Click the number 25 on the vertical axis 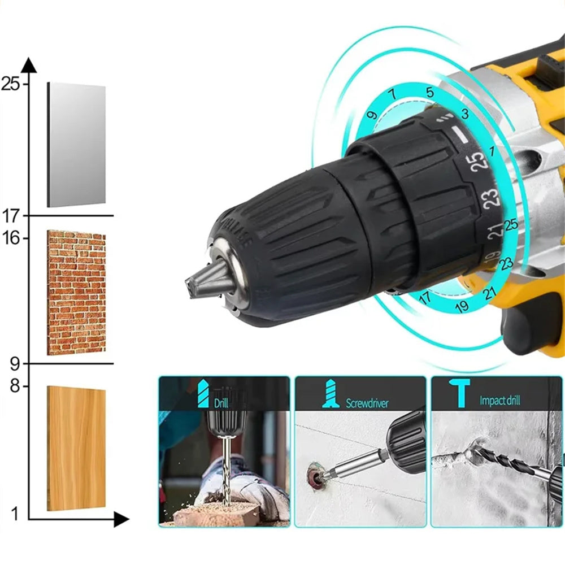[x=10, y=85]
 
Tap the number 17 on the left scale [x=10, y=215]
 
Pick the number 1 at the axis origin [x=15, y=514]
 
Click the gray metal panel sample [x=76, y=145]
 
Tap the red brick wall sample [x=76, y=292]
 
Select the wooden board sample [x=76, y=448]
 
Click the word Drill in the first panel [x=221, y=403]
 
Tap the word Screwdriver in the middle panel [x=367, y=403]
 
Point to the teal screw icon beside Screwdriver [x=331, y=394]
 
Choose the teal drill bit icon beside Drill [x=203, y=393]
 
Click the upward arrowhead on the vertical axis [x=29, y=64]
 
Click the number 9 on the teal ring [x=371, y=115]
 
